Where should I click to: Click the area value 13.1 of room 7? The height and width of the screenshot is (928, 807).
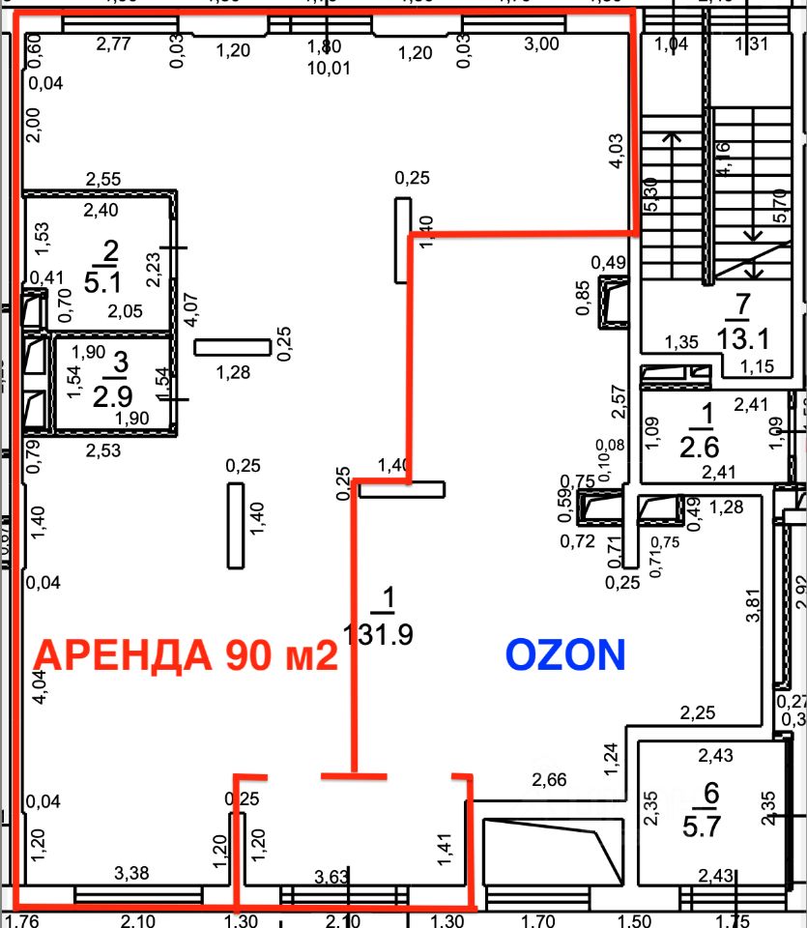tap(741, 337)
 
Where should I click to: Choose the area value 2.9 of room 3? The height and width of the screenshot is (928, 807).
tap(121, 395)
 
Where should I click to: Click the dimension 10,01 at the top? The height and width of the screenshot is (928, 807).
tap(324, 68)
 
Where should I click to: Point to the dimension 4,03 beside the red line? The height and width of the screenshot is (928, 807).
tap(615, 153)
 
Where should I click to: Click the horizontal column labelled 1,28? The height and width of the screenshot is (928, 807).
tap(232, 347)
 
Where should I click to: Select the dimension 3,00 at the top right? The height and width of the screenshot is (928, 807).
tap(541, 43)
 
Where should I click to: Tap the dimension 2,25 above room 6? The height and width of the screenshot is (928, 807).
tap(697, 713)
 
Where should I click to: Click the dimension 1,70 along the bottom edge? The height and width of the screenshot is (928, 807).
tap(545, 919)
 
